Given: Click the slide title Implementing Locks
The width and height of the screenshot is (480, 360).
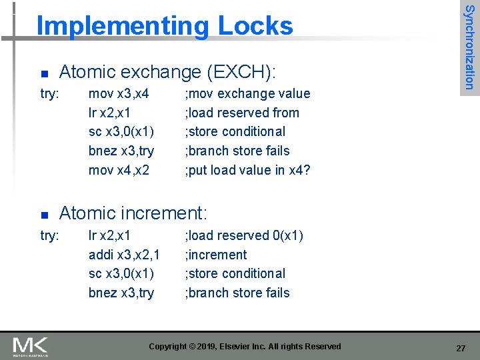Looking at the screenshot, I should pyautogui.click(x=165, y=26).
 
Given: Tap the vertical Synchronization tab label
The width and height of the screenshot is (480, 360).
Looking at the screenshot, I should pyautogui.click(x=469, y=47).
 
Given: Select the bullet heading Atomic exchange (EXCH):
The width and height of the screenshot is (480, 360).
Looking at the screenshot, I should pyautogui.click(x=168, y=71).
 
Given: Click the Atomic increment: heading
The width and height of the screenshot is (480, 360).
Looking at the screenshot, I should pyautogui.click(x=133, y=213).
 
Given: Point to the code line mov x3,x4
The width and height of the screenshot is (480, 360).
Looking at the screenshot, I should pyautogui.click(x=119, y=94).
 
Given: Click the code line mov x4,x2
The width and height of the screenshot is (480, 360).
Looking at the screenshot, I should pyautogui.click(x=119, y=170).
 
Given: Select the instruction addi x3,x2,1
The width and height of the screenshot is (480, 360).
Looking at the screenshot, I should pyautogui.click(x=124, y=255).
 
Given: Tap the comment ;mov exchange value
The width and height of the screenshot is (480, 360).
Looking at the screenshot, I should pyautogui.click(x=247, y=94).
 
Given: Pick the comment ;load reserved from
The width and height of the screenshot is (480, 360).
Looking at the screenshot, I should pyautogui.click(x=242, y=113).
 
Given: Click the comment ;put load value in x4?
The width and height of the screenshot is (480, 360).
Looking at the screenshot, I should pyautogui.click(x=247, y=170).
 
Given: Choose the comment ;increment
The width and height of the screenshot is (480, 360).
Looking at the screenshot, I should pyautogui.click(x=216, y=255).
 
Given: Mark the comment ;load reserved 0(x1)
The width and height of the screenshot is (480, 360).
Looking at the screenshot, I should pyautogui.click(x=244, y=235).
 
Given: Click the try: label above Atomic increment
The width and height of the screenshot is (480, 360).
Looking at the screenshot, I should pyautogui.click(x=50, y=94).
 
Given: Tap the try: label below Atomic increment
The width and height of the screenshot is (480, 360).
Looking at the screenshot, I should pyautogui.click(x=50, y=235).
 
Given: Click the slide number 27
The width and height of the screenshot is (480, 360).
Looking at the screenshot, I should pyautogui.click(x=461, y=348).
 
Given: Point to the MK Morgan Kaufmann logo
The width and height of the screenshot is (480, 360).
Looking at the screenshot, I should pyautogui.click(x=30, y=346).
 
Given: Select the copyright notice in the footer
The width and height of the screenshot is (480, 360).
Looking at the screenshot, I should pyautogui.click(x=245, y=347).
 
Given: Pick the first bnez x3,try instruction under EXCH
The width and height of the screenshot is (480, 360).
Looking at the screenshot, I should pyautogui.click(x=121, y=151).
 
